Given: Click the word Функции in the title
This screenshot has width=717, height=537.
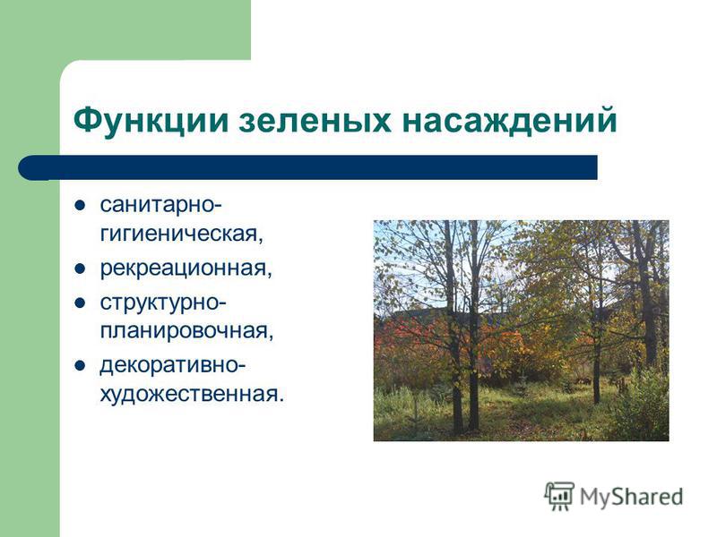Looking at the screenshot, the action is click(151, 120).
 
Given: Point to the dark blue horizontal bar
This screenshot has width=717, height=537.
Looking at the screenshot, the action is click(307, 167).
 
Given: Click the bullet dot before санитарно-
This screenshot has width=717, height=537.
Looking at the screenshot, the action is click(80, 206).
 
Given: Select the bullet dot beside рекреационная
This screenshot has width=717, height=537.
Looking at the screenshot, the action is click(80, 268).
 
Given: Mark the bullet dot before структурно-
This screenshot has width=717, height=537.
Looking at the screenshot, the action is click(80, 303).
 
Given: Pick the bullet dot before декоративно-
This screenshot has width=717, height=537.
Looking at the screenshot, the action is click(80, 365).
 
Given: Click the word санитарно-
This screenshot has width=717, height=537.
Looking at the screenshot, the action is click(161, 207).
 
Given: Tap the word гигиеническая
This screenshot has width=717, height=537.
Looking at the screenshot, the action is click(182, 234).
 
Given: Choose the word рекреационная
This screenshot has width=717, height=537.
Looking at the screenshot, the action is click(186, 268).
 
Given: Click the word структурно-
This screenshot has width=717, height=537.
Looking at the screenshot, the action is click(163, 303).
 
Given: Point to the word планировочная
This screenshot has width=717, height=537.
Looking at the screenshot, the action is click(186, 330).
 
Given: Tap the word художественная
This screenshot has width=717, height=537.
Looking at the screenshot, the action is click(192, 394).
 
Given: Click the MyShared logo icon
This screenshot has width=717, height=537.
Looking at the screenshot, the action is click(558, 497).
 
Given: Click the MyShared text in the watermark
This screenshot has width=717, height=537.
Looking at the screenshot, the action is click(632, 497).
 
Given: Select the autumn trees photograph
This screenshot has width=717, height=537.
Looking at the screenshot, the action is click(522, 330).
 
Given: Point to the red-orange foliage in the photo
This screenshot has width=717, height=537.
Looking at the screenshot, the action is click(411, 338).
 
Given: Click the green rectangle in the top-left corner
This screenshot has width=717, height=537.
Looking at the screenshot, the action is click(125, 30).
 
